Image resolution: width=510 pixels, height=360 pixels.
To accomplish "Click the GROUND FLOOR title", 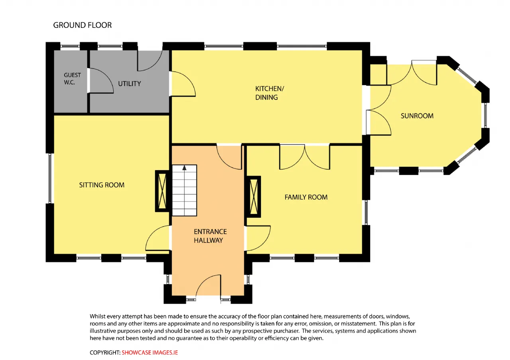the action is [82, 25].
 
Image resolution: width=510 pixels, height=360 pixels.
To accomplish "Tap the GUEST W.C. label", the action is [72, 79].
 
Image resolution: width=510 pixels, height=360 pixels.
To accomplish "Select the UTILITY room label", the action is [129, 84].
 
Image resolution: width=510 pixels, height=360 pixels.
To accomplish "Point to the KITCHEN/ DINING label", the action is [270, 93].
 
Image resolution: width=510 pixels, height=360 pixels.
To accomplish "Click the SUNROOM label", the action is [417, 116].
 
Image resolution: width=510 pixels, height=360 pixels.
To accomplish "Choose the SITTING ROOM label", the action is [102, 185].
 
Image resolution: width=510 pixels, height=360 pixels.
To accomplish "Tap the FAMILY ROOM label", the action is [306, 197].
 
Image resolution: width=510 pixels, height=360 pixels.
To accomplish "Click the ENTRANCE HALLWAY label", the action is [210, 236].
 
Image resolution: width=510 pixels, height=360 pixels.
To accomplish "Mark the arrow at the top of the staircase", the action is [184, 168].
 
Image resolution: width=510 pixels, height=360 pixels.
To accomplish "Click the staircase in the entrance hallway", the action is [184, 190].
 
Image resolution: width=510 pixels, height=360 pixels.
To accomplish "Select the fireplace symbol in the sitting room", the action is [162, 191].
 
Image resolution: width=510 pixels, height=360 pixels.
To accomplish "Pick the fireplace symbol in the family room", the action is [254, 197].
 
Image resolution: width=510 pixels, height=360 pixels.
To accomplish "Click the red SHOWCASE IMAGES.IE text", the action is [149, 352].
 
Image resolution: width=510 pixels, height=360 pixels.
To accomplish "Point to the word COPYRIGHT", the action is [105, 352].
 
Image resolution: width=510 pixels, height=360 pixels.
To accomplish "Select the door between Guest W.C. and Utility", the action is [101, 80].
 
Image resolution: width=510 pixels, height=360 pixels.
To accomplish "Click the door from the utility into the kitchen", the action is [182, 84].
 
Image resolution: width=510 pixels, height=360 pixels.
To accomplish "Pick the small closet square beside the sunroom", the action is [378, 74].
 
